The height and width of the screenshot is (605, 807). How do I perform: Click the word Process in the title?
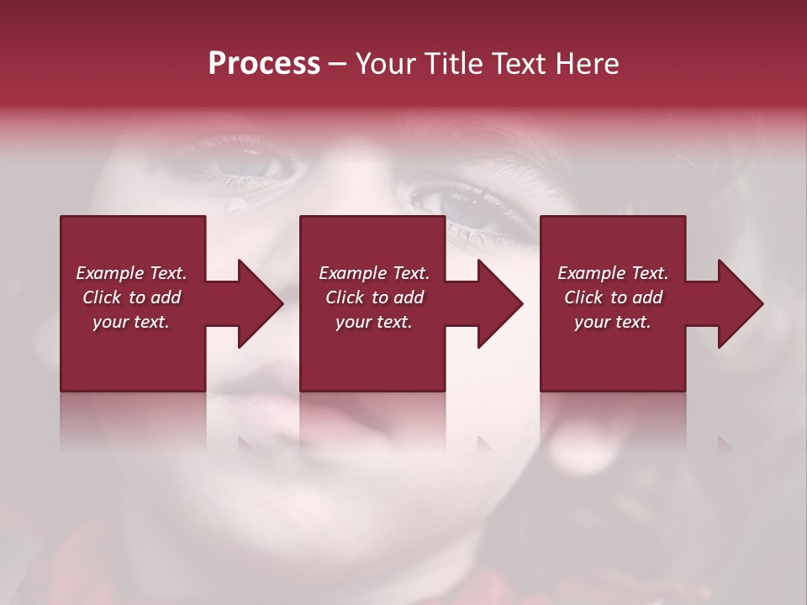pos(264,64)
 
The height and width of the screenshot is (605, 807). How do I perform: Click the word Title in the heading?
pos(451,64)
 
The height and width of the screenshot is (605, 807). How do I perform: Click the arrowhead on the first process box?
pos(256,303)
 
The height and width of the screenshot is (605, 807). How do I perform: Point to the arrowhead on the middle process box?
pos(497,303)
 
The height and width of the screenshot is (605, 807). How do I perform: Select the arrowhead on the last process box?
pos(737,303)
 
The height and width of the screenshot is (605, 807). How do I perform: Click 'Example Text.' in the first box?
pos(131,273)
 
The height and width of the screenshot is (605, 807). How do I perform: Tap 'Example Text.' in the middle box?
pos(374,273)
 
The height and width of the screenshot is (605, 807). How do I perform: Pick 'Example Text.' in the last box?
pos(613,273)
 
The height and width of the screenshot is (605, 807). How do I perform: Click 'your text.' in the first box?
pos(131,322)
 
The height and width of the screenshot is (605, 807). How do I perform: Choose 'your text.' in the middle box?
pos(374,322)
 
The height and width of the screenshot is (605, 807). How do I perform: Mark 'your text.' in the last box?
pos(613,322)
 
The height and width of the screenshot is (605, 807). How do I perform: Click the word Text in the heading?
pos(514,64)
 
